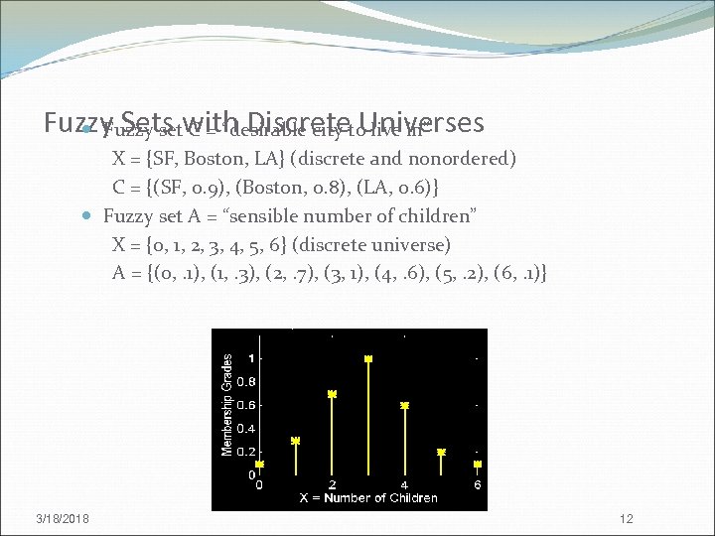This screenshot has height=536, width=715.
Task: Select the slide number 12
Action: tap(626, 520)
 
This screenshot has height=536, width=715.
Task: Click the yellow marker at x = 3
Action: tap(368, 358)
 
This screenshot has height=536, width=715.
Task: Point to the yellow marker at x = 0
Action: tap(259, 464)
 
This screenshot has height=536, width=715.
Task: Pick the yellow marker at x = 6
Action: tap(477, 464)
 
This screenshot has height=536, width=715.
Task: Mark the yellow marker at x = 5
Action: tap(441, 452)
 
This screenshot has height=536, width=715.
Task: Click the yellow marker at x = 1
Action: tap(295, 440)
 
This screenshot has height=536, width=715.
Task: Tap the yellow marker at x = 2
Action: tap(332, 394)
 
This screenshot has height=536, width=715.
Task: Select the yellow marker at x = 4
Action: tap(404, 405)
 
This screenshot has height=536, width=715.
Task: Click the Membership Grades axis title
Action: tap(226, 405)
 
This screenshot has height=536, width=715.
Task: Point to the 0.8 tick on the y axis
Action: tap(244, 381)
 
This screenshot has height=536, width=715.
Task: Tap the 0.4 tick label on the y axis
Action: tap(244, 429)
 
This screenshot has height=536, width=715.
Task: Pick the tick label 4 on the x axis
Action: tap(404, 485)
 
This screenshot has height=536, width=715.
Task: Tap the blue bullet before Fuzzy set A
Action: tap(89, 216)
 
